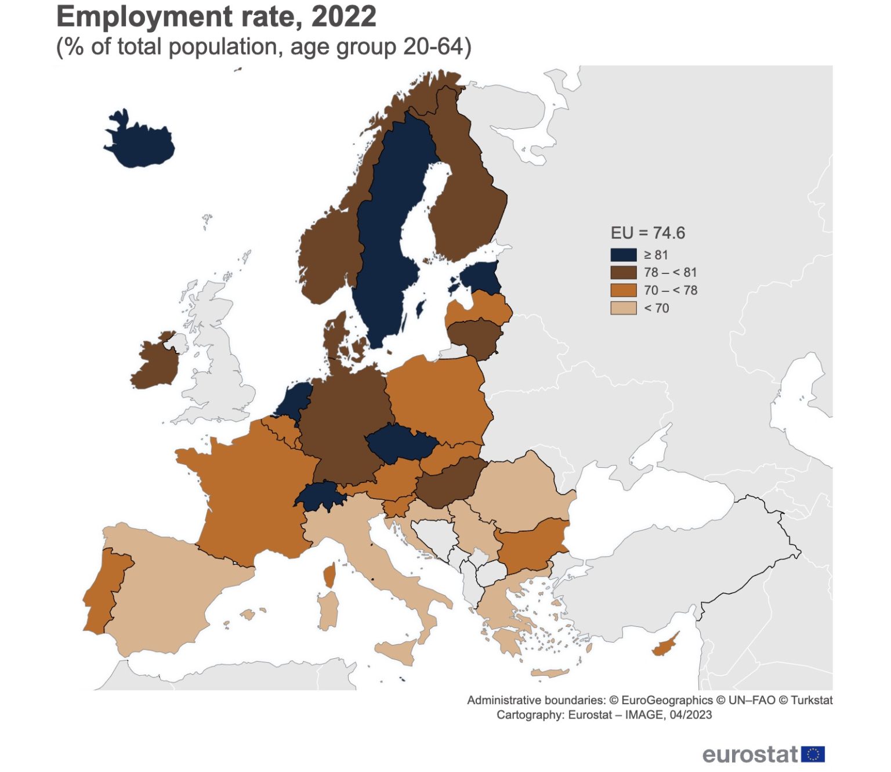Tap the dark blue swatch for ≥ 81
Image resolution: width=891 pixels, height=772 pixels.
pos(623,255)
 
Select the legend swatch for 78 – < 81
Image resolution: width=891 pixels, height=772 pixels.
pos(623,273)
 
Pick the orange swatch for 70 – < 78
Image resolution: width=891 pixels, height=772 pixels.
pos(623,290)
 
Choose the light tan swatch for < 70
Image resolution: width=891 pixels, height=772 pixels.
pos(623,308)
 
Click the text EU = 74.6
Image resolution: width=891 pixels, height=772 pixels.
pos(647,233)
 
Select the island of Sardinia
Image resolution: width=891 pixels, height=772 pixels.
pos(328,609)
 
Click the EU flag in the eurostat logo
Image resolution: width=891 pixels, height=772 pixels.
pos(813,754)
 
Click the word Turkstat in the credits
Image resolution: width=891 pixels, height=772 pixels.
pos(812,700)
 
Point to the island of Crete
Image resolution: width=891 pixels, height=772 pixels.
pos(550,673)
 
